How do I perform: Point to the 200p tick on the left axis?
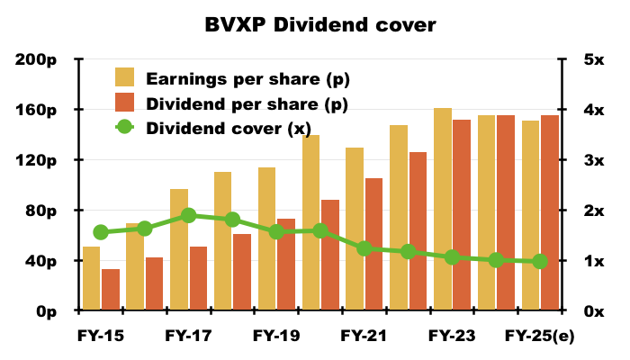(x=38, y=59)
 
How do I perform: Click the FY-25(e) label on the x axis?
(x=538, y=336)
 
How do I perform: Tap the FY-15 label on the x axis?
(x=100, y=336)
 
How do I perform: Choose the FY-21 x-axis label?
(x=364, y=336)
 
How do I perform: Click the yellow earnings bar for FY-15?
(x=91, y=278)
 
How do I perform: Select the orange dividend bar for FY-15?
(x=111, y=290)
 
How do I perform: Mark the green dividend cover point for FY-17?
(x=188, y=215)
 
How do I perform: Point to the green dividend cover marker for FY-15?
(x=101, y=232)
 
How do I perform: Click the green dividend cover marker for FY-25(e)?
(x=540, y=262)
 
